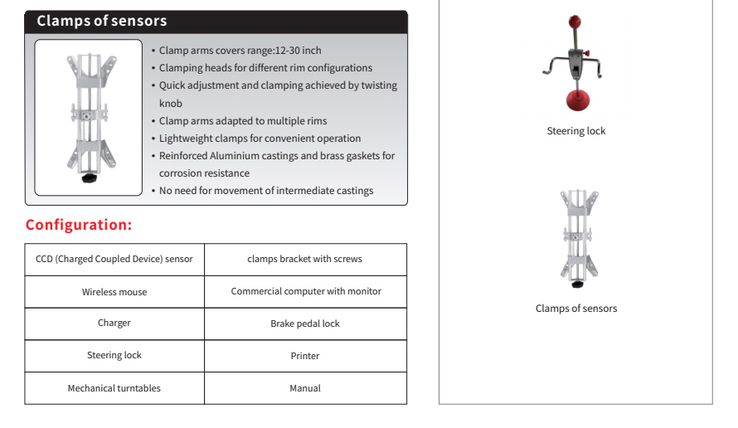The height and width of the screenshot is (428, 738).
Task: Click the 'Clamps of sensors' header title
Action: coord(101,21)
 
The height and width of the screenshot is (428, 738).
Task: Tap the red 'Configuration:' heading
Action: coord(79,225)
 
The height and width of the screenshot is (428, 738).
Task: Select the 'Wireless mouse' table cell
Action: coord(114,292)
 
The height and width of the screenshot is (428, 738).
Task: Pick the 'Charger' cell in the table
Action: coord(114,323)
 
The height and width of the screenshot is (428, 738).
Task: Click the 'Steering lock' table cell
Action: coord(114,356)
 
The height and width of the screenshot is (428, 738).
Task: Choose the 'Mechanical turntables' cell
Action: coord(114,388)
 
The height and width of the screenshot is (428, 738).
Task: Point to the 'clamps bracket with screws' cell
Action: coord(304,260)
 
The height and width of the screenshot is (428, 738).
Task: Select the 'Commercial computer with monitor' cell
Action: coord(306,292)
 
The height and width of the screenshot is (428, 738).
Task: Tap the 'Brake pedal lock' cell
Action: coord(305,323)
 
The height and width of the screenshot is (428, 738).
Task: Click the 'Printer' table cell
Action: coord(305,356)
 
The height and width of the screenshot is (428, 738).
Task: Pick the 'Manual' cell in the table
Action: coord(305,388)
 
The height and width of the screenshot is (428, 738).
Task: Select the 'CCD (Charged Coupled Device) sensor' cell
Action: coord(114,260)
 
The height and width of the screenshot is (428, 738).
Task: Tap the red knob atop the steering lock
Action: coord(574,21)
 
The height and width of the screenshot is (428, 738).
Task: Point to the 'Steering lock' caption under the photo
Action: coord(576,131)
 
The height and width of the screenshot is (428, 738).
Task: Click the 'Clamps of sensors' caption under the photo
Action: coord(576,309)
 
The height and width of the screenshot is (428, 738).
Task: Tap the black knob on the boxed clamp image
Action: coord(88,178)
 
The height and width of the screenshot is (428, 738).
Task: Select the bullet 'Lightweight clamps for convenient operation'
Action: coord(260,139)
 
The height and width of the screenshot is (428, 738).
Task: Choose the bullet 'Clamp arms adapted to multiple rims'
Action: coord(243,121)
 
